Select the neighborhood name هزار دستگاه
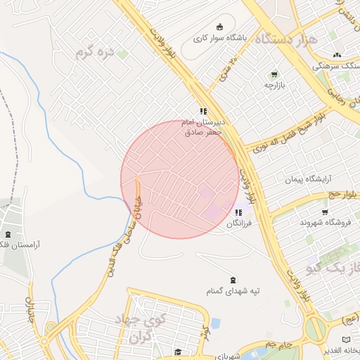[x=289, y=39]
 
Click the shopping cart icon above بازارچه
[x=274, y=75]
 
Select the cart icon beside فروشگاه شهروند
[x=325, y=212]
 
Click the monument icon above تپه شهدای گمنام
[x=233, y=279]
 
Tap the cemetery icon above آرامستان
[x=8, y=234]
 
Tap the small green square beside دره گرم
[x=122, y=53]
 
